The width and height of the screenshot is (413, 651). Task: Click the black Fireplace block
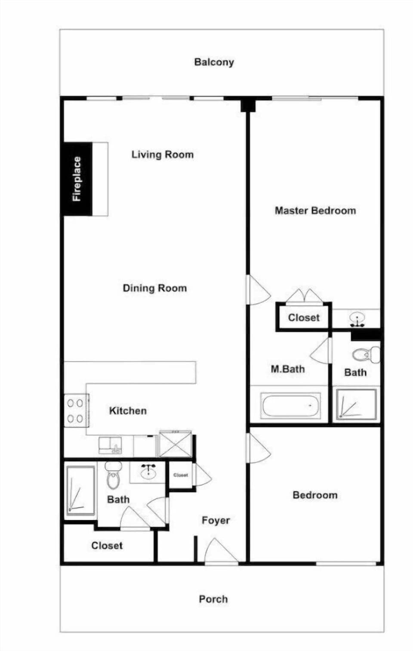(x=77, y=179)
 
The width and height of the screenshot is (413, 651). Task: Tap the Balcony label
(x=214, y=62)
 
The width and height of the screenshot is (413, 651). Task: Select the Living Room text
(x=162, y=154)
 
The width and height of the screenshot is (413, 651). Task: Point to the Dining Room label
(x=154, y=288)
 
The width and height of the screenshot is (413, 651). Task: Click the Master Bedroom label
(x=315, y=210)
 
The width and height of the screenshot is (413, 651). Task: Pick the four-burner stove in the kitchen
(x=75, y=410)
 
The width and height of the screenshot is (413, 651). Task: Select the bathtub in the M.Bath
(x=290, y=405)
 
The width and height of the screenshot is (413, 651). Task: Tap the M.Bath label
(x=287, y=369)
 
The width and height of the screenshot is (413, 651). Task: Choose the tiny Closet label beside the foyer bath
(x=180, y=475)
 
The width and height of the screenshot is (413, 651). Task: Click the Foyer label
(x=216, y=520)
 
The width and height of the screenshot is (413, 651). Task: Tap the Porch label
(x=213, y=599)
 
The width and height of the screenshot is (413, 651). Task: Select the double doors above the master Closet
(x=305, y=296)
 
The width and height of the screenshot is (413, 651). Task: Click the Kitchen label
(x=128, y=410)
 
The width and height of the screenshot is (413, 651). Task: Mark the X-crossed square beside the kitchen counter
(x=175, y=444)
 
